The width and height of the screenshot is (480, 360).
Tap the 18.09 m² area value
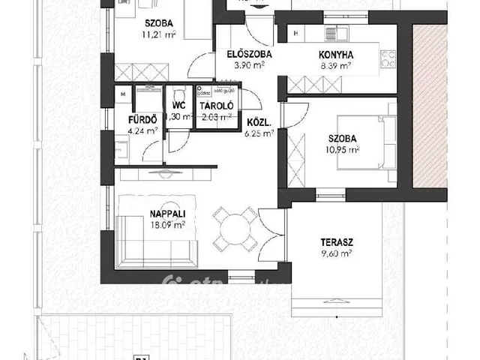pyautogui.click(x=148, y=223)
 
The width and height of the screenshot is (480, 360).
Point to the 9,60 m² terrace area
pyautogui.click(x=336, y=254)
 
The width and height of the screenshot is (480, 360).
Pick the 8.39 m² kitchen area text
pyautogui.click(x=337, y=65)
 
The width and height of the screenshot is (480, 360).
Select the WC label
pyautogui.click(x=178, y=106)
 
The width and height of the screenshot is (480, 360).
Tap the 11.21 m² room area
pyautogui.click(x=139, y=34)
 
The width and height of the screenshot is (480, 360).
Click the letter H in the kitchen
pyautogui.click(x=296, y=34)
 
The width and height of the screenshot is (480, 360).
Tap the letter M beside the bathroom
pyautogui.click(x=122, y=94)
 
